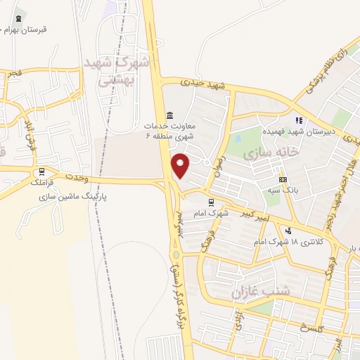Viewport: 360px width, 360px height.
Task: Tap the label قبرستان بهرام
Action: [x=25, y=30]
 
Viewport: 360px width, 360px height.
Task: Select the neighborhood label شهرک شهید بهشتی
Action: [x=116, y=70]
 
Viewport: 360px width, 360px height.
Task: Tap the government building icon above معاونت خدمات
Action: [x=169, y=115]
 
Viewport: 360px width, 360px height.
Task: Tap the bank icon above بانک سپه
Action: [x=283, y=179]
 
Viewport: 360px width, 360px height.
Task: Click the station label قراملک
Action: [x=44, y=181]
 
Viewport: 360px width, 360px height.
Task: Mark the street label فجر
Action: [x=13, y=72]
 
